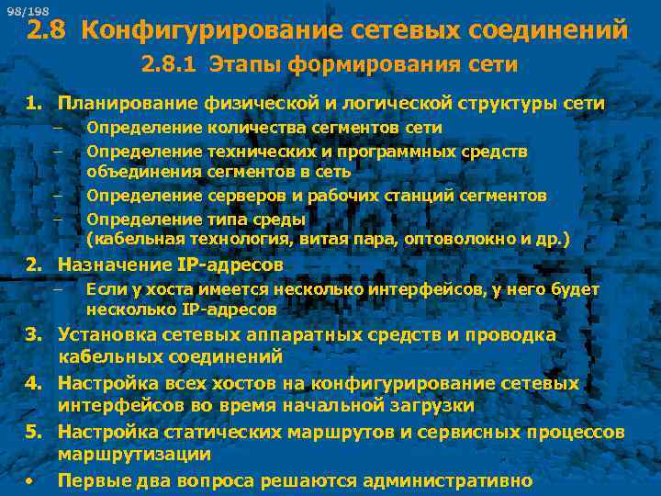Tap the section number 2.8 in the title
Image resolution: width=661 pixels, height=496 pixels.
(46, 32)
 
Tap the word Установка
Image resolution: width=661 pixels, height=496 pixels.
(102, 335)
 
